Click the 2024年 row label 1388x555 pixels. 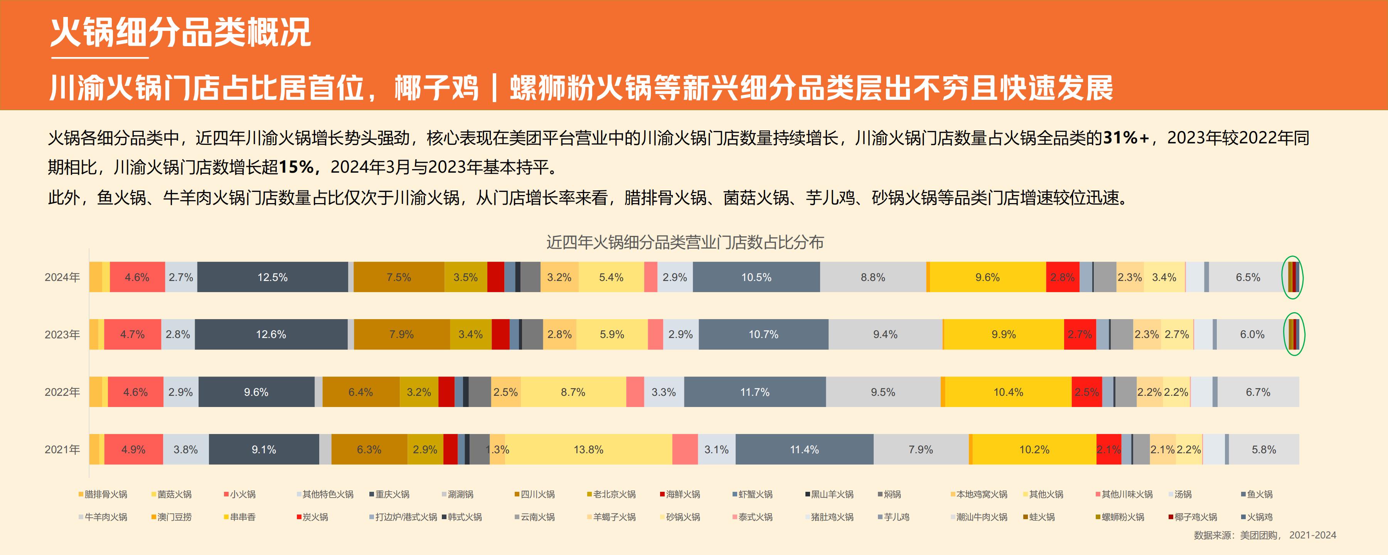tap(62, 277)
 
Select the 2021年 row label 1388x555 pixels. tap(62, 449)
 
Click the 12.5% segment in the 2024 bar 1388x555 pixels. tap(272, 277)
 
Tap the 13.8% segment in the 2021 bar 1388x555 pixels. tap(588, 449)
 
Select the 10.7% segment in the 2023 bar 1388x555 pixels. tap(763, 335)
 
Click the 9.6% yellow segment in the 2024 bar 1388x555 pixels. tap(987, 277)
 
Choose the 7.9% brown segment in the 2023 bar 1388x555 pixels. tap(401, 335)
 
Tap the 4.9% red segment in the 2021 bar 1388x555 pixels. tap(133, 449)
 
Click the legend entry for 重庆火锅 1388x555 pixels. tap(392, 494)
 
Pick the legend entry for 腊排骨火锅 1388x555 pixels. tap(106, 494)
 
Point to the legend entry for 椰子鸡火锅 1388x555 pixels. tap(1195, 517)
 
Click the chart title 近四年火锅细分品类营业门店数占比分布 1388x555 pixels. tap(685, 242)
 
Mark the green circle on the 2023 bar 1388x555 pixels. tap(1294, 334)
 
